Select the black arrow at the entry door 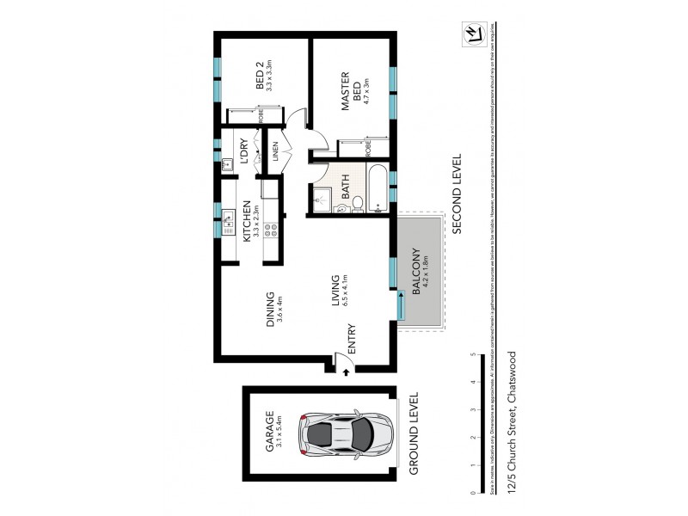[x=345, y=372]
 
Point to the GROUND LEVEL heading [x=413, y=433]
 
